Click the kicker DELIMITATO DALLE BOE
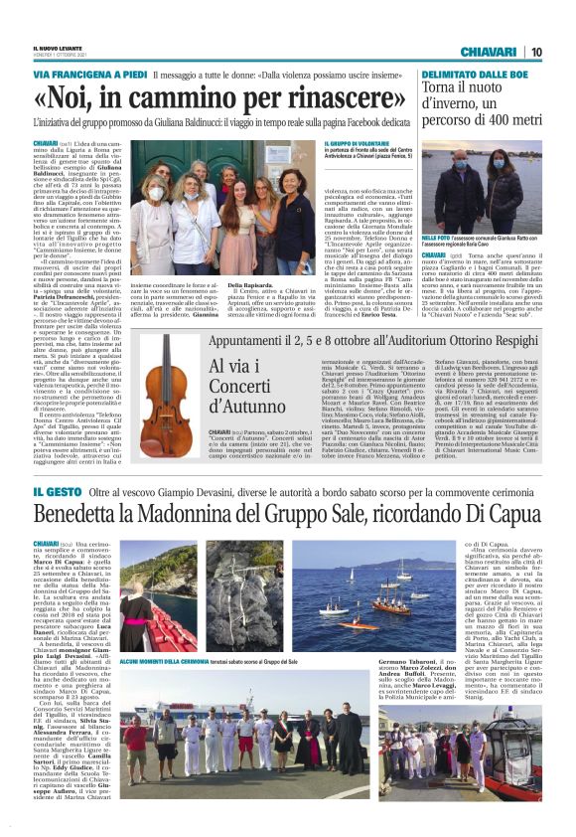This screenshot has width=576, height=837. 471,75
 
